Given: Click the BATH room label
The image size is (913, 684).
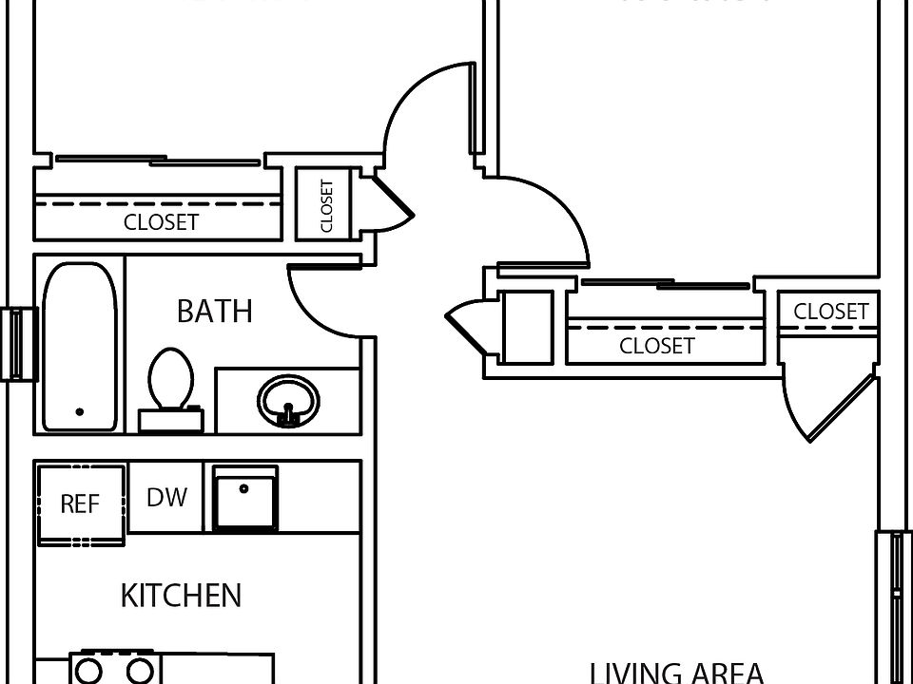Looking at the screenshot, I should click(x=215, y=311).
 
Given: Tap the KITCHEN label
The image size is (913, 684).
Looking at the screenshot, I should click(x=181, y=596).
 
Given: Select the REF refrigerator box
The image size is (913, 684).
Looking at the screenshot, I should click(x=80, y=503).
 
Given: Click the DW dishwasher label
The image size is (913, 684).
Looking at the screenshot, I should click(x=166, y=497).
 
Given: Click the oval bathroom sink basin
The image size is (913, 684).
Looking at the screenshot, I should click(x=288, y=400).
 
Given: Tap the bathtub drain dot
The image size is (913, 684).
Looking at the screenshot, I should click(x=79, y=412).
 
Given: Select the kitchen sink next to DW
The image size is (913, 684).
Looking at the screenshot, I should click(x=245, y=498).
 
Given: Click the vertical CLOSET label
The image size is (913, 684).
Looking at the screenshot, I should click(x=326, y=205).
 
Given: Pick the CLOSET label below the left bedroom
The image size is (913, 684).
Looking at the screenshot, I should click(x=162, y=222).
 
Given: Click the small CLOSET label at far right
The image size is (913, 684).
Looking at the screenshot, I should click(x=830, y=312).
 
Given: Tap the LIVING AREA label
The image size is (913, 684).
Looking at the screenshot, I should click(x=677, y=673).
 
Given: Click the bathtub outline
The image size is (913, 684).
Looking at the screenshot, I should click(x=80, y=347).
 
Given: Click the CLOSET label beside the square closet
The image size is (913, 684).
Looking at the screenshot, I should click(x=656, y=346).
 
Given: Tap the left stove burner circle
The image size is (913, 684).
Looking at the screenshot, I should click(x=90, y=672).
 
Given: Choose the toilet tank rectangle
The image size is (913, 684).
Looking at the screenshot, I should click(x=171, y=419).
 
